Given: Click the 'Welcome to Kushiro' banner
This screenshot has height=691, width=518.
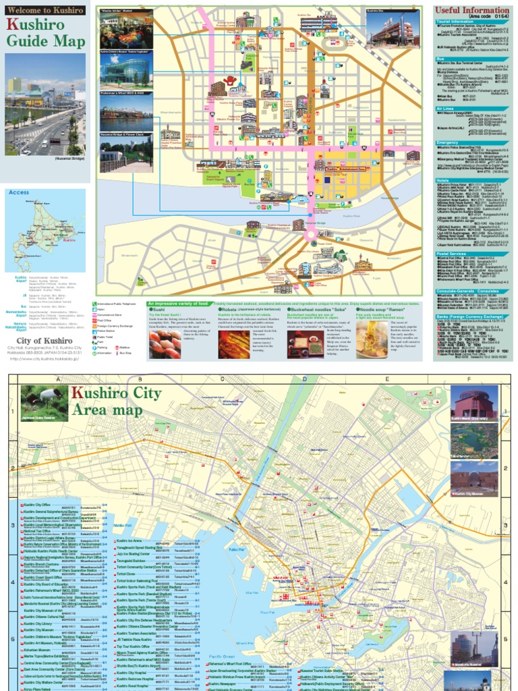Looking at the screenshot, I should (x=45, y=10).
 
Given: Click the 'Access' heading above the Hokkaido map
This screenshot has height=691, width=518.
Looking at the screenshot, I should (x=21, y=192).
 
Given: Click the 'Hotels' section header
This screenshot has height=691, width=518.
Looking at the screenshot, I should (x=443, y=180).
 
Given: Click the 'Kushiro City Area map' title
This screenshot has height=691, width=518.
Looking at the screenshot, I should (x=119, y=402).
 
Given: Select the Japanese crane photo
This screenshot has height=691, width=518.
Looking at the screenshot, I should (x=44, y=403).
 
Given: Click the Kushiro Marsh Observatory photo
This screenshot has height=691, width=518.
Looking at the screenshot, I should (x=476, y=406).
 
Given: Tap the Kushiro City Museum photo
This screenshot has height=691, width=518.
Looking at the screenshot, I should (x=476, y=480).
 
